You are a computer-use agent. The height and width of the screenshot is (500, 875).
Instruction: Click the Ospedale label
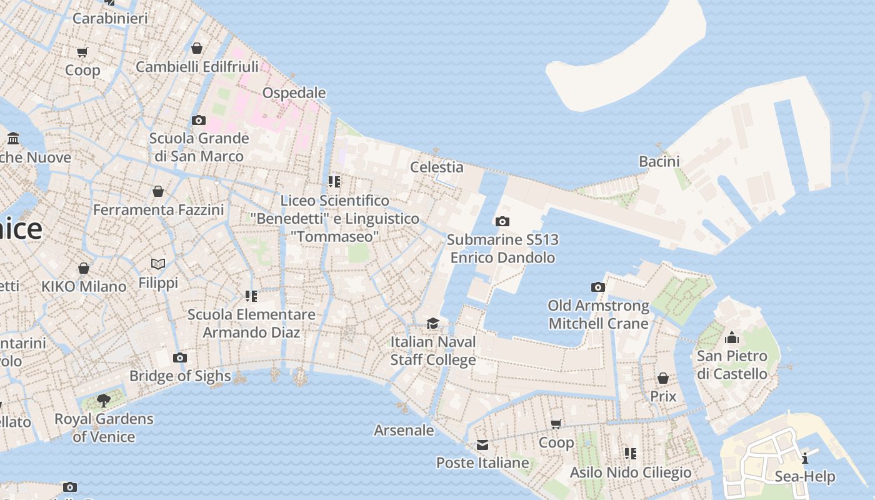[x=294, y=93]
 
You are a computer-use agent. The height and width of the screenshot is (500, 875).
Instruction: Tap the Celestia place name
[x=436, y=167]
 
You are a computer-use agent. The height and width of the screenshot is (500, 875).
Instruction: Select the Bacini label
[x=659, y=161]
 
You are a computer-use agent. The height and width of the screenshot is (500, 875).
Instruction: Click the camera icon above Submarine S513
[x=502, y=221]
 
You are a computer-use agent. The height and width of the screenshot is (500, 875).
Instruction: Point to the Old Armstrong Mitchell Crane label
[x=598, y=314]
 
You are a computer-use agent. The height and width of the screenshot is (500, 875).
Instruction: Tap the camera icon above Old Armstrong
[x=598, y=287]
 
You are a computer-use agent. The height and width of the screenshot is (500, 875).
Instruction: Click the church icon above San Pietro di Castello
[x=731, y=338]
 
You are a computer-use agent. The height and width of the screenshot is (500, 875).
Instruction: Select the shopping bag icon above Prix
[x=662, y=378]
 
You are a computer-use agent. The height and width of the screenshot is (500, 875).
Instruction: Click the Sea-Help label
[x=804, y=477]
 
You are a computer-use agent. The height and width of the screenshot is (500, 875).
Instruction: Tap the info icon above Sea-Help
[x=805, y=457]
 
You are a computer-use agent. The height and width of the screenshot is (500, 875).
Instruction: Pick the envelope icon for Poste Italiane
[x=482, y=445]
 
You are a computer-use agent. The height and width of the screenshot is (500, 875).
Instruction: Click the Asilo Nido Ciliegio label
[x=630, y=472]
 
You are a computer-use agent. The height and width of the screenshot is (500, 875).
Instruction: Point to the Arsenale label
[x=404, y=430]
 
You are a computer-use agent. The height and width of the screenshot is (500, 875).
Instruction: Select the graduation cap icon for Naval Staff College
[x=432, y=323]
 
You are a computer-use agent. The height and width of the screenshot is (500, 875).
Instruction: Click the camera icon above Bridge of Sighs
[x=180, y=357]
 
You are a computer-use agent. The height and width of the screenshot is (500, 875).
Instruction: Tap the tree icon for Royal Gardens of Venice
[x=104, y=400]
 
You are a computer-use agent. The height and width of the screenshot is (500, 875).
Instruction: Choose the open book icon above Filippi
[x=158, y=264]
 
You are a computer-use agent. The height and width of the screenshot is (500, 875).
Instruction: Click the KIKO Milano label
[x=84, y=287]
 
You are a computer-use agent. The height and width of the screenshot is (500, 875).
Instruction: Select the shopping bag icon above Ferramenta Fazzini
[x=158, y=191]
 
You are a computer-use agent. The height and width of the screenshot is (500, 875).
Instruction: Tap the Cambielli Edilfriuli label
[x=197, y=67]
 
